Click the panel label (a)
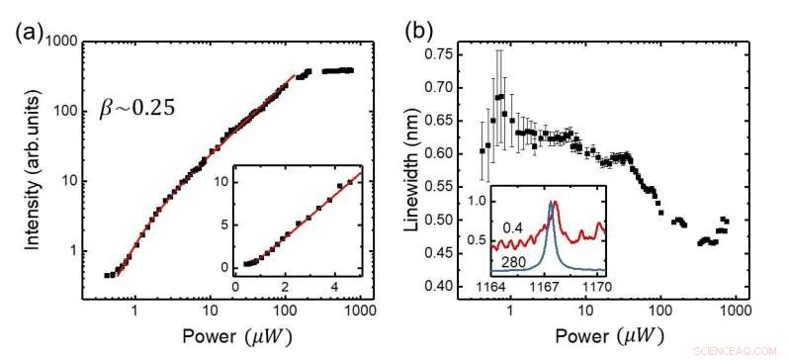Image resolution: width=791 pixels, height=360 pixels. pos(27,30)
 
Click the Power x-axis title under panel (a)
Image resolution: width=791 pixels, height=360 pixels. pos(213,337)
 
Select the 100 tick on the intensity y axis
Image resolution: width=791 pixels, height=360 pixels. pos(65,110)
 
